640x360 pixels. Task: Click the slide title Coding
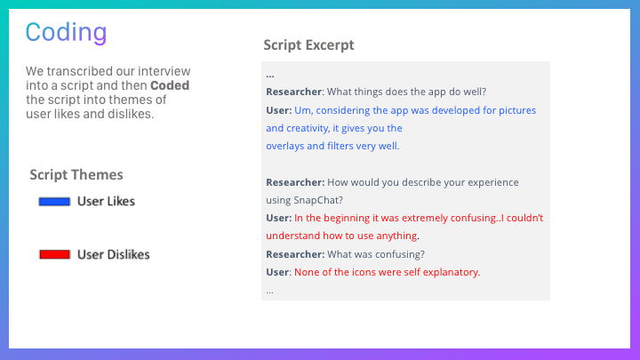click(x=66, y=32)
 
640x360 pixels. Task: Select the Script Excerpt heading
click(x=308, y=45)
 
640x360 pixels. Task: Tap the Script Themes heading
click(x=76, y=175)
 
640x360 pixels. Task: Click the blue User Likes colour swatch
click(x=54, y=202)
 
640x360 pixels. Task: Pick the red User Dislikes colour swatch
click(x=55, y=255)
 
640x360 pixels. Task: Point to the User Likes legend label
click(x=106, y=201)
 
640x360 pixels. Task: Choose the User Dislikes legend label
click(x=114, y=255)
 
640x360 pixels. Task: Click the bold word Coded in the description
click(x=170, y=85)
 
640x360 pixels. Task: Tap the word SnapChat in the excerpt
click(x=318, y=200)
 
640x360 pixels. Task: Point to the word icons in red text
click(x=352, y=272)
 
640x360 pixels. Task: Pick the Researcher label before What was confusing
click(x=295, y=254)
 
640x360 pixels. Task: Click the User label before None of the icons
click(x=278, y=272)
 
